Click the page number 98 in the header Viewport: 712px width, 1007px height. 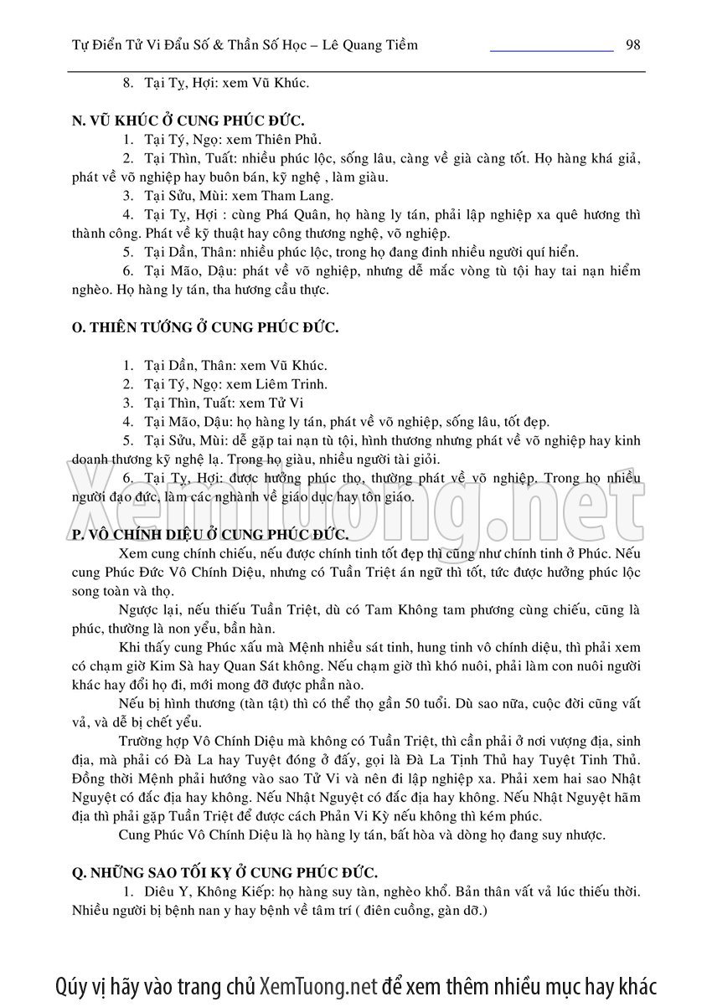point(632,45)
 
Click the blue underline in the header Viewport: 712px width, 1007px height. point(551,52)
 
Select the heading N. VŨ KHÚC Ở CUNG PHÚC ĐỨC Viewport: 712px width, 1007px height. point(188,121)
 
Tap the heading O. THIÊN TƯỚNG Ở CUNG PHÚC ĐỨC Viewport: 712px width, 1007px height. point(205,327)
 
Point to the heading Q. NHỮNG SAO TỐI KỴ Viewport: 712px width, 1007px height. point(224,871)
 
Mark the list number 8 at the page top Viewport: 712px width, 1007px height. point(127,83)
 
